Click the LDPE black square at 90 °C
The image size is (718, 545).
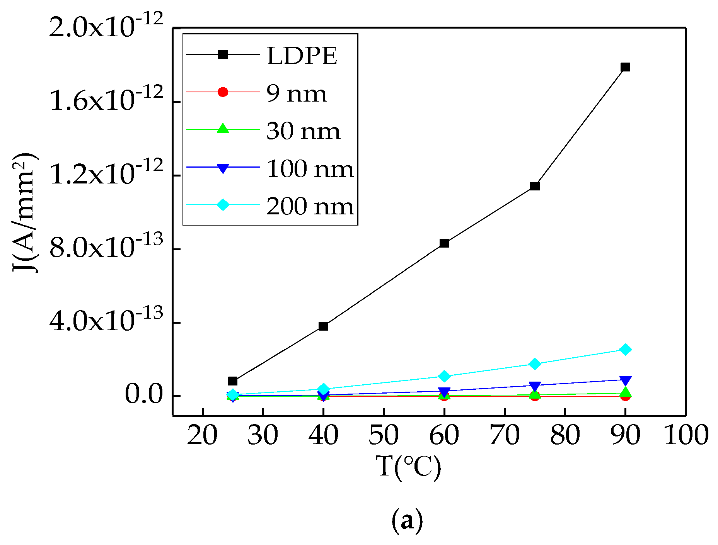(x=625, y=67)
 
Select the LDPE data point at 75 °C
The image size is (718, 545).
(x=535, y=186)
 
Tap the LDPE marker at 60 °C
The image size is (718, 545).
(x=444, y=243)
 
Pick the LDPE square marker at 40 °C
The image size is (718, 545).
(x=324, y=326)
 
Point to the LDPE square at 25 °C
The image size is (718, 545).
(x=233, y=381)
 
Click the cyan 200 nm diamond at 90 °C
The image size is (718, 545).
(x=625, y=350)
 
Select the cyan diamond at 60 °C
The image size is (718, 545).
(x=444, y=376)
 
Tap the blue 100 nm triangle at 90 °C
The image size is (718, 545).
(x=625, y=380)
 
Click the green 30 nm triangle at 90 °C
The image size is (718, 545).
(x=625, y=393)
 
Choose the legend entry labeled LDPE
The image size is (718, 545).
(x=302, y=56)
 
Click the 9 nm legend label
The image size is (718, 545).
(x=297, y=93)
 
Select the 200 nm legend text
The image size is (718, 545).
(x=310, y=206)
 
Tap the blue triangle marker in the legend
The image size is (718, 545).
(x=223, y=168)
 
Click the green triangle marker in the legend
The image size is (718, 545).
(x=223, y=129)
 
